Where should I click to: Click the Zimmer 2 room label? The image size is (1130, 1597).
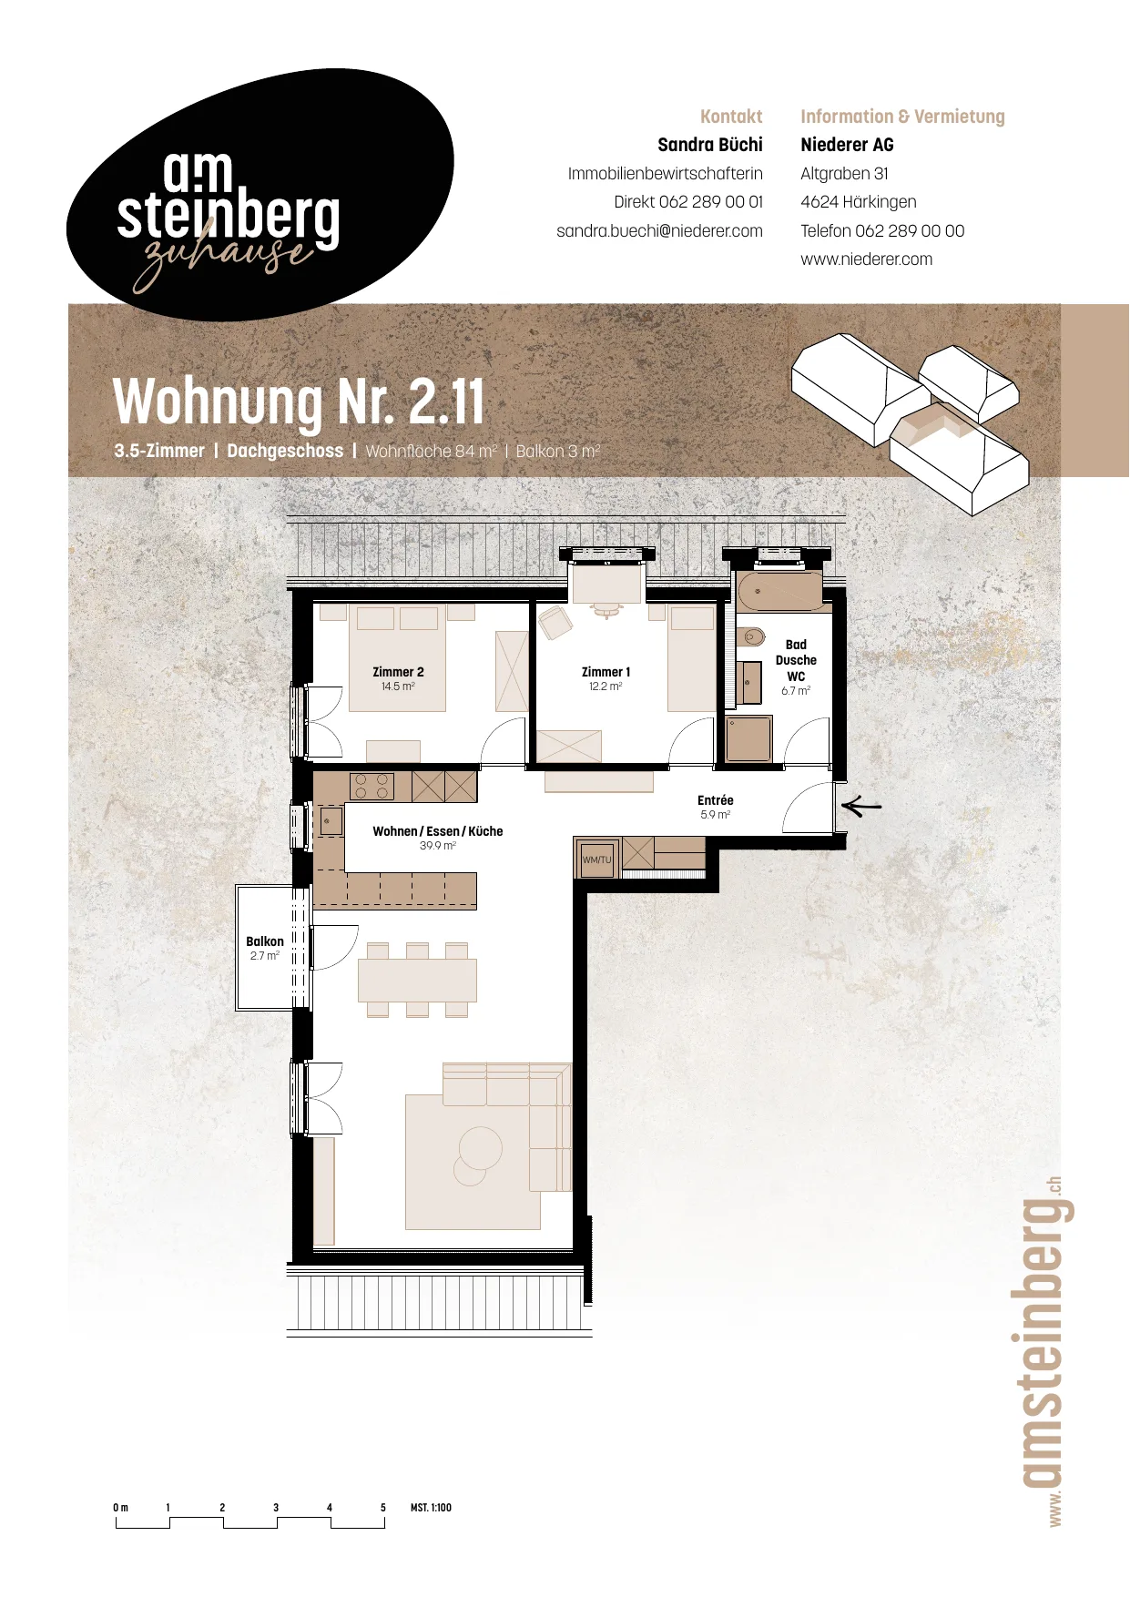[x=398, y=672]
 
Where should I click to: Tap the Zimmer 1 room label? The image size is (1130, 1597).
[x=606, y=672]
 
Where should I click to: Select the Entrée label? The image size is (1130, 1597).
[x=716, y=800]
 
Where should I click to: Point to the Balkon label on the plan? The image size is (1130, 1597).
[x=265, y=941]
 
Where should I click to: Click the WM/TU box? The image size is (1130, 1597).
[x=597, y=860]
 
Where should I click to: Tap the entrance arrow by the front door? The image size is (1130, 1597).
[x=861, y=806]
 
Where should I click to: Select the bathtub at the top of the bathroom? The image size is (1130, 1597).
[x=779, y=591]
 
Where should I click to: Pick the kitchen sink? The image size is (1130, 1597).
[x=331, y=820]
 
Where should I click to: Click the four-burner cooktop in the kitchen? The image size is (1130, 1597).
[x=372, y=787]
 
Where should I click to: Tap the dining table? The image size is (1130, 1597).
[x=417, y=981]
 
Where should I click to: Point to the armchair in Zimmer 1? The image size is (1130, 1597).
[x=555, y=624]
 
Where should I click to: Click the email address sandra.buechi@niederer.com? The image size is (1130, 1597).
[x=659, y=231]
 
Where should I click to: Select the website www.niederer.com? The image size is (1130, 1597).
[x=866, y=259]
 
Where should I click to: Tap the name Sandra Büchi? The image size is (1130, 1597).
[x=710, y=145]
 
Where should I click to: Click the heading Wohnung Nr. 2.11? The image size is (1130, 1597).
[x=299, y=402]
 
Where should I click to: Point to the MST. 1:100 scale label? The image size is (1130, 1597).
[x=431, y=1508]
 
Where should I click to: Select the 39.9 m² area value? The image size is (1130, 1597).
[x=438, y=846]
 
